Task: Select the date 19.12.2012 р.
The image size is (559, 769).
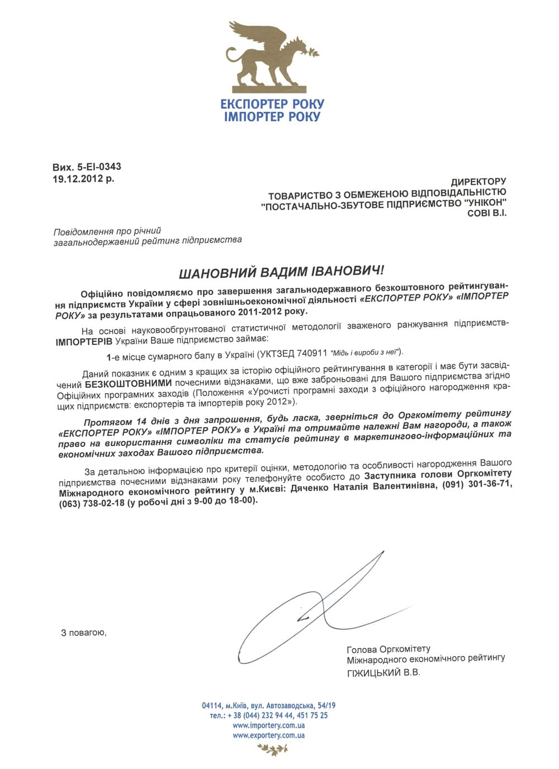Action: (83, 179)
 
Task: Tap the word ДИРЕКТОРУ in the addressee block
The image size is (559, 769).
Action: (478, 182)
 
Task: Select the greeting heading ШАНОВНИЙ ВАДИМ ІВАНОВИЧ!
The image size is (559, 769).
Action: (281, 272)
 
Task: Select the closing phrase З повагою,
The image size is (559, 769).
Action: (83, 633)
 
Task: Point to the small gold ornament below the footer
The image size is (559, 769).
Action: (269, 750)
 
